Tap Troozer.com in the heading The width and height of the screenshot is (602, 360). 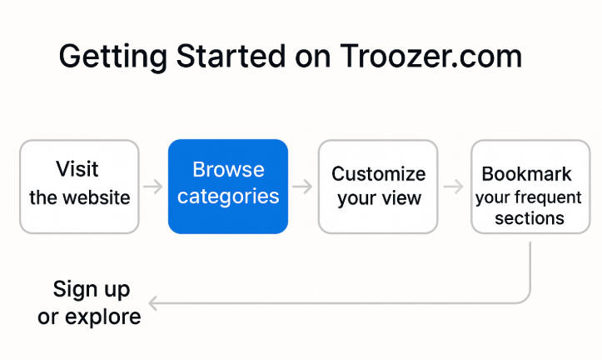point(430,57)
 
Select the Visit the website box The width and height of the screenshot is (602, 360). point(79,186)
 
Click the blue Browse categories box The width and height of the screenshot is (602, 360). point(228,186)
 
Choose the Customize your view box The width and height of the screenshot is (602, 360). point(378,186)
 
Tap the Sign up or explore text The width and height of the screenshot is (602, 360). point(91,302)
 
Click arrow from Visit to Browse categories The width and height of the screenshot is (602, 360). point(153,187)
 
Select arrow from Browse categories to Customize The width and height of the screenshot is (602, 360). point(302,187)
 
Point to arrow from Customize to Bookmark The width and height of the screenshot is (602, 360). point(453,187)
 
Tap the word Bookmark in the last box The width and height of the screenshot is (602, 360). point(527,174)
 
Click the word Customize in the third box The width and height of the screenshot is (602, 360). point(378,174)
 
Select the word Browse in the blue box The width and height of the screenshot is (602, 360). point(228,170)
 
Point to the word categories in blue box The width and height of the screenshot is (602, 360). point(228,197)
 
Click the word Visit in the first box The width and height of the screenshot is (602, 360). point(77,169)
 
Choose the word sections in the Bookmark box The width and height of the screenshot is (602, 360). point(530,218)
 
